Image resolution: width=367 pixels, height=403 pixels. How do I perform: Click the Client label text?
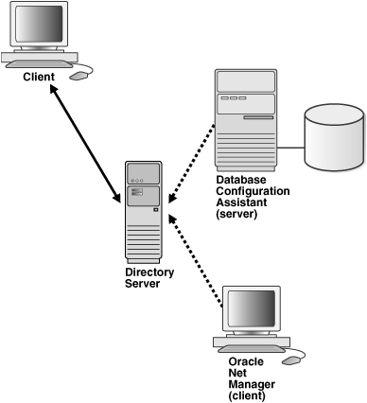click(40, 76)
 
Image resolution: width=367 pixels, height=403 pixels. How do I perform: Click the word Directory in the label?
click(149, 272)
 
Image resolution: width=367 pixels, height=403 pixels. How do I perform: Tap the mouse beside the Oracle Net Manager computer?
click(295, 359)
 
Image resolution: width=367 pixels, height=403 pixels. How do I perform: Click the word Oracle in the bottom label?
click(245, 360)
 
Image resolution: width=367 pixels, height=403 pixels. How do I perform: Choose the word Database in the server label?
click(242, 178)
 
